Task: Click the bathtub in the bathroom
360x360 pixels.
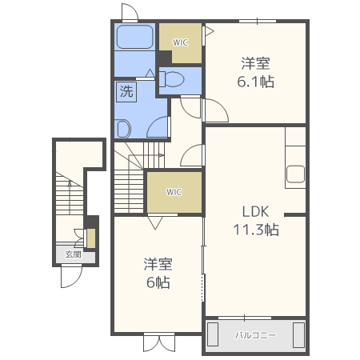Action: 135,37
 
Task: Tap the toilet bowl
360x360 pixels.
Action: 171,79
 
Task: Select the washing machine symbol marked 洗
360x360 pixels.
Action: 126,91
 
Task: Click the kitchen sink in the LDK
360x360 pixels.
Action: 296,174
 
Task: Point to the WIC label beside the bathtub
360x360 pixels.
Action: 180,42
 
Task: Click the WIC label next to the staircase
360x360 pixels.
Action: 174,192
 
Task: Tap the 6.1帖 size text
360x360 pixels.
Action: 256,82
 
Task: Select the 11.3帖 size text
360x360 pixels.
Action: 256,230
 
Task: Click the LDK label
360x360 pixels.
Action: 255,211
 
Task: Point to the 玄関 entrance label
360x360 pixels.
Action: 74,254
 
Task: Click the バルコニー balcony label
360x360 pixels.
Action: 256,335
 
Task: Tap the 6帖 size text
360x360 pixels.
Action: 158,282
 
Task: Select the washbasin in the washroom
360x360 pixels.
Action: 122,129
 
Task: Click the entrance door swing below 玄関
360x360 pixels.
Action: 72,278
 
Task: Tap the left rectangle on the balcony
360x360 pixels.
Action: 213,334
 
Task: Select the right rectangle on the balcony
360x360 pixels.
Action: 298,335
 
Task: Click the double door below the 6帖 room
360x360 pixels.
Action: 159,342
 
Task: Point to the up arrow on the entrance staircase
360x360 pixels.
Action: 70,198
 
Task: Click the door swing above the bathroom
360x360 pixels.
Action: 130,12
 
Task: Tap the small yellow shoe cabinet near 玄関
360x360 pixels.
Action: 91,238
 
